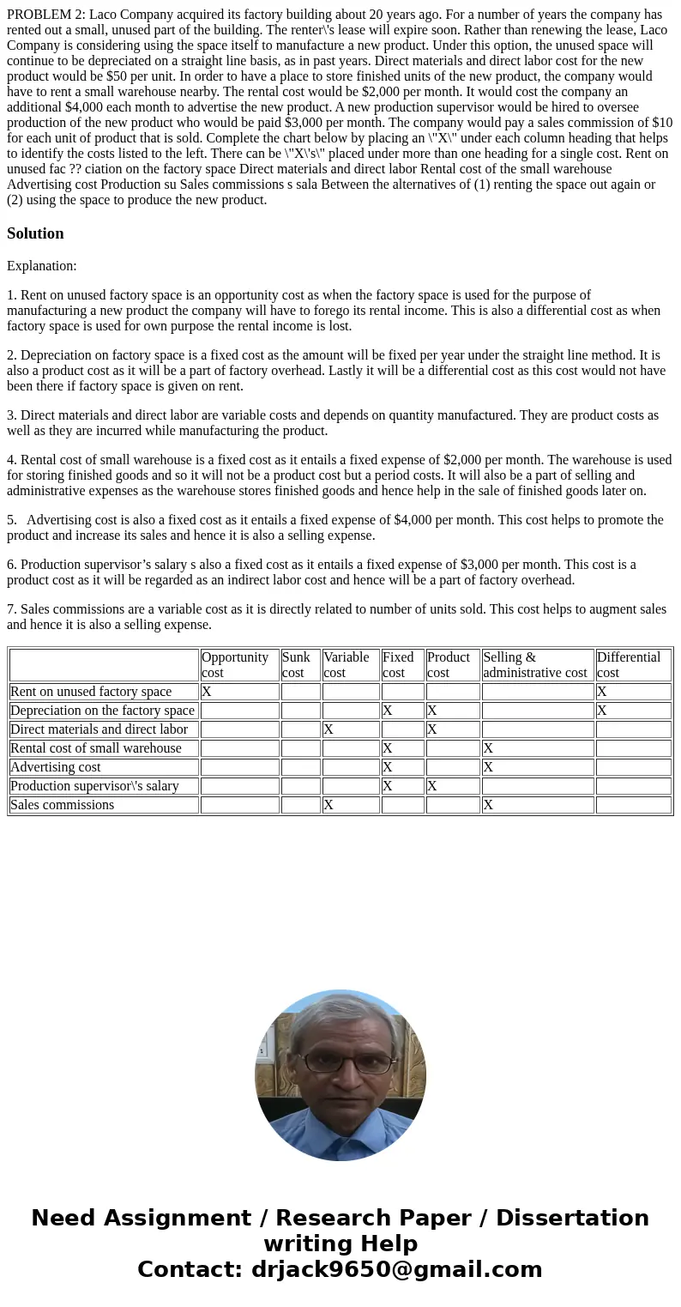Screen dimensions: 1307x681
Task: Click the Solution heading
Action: (35, 233)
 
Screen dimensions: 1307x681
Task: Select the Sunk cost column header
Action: (296, 665)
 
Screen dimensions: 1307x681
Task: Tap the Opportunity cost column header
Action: (234, 665)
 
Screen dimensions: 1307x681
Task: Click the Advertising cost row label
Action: (56, 767)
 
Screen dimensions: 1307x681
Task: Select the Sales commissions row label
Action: (62, 805)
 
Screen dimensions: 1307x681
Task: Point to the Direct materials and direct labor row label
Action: (99, 729)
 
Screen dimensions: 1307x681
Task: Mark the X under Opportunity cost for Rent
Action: (207, 692)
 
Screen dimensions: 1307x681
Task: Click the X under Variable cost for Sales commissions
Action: (328, 805)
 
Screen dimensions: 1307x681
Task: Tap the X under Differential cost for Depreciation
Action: (602, 711)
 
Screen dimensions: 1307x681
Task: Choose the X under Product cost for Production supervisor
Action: (432, 786)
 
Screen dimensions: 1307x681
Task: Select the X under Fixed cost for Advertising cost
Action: (388, 767)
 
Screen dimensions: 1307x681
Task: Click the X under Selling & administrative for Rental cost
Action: (488, 748)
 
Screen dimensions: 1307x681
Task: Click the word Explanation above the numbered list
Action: (41, 266)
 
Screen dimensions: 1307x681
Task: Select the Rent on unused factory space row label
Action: (91, 692)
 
